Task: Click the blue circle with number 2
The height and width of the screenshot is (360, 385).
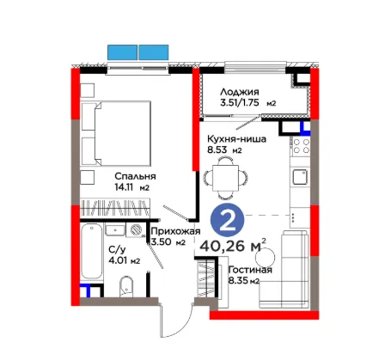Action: (228, 220)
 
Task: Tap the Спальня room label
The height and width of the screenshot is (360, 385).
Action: (135, 176)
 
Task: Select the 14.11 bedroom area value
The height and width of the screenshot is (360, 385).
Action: (125, 187)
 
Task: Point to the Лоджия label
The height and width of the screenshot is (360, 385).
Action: (240, 92)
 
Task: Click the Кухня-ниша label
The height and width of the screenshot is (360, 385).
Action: (236, 139)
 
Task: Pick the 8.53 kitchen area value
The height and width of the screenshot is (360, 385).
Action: (217, 149)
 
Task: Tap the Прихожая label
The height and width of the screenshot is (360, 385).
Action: (175, 231)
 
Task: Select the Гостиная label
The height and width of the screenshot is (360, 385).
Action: (250, 270)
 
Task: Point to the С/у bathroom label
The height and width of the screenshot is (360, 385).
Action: (117, 250)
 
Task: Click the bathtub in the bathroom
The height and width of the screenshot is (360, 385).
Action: (91, 251)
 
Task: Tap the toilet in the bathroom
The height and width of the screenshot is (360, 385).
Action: (126, 284)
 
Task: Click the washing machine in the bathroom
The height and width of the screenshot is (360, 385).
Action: (135, 230)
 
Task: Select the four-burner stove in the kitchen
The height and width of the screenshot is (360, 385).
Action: (301, 146)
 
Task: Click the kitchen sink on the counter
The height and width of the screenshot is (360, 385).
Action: (300, 177)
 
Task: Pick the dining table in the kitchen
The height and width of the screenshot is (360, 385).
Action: (225, 178)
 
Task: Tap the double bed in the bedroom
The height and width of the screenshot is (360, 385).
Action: (116, 133)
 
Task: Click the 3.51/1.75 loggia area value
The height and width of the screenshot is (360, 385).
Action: (240, 103)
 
